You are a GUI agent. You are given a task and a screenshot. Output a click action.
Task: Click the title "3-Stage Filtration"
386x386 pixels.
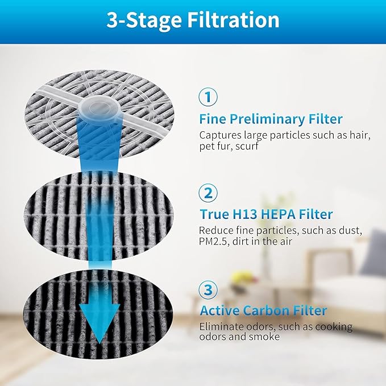pos(193,20)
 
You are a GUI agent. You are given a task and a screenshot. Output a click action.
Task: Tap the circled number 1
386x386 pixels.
pos(208,97)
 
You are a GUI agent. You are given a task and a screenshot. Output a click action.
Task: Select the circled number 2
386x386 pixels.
pos(208,193)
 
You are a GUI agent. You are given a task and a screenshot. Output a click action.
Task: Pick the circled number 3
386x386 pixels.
pos(208,289)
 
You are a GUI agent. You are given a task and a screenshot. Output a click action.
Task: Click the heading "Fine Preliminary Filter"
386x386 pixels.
pos(271,119)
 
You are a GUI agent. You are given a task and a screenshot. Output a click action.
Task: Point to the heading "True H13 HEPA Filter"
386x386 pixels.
pos(265,214)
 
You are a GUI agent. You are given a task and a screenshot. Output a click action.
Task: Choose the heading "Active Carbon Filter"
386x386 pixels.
pos(263,311)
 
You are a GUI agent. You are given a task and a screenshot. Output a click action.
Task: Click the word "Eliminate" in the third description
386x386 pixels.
pos(221,327)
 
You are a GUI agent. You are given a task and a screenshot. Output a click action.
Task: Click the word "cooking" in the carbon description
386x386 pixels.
pos(335,327)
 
